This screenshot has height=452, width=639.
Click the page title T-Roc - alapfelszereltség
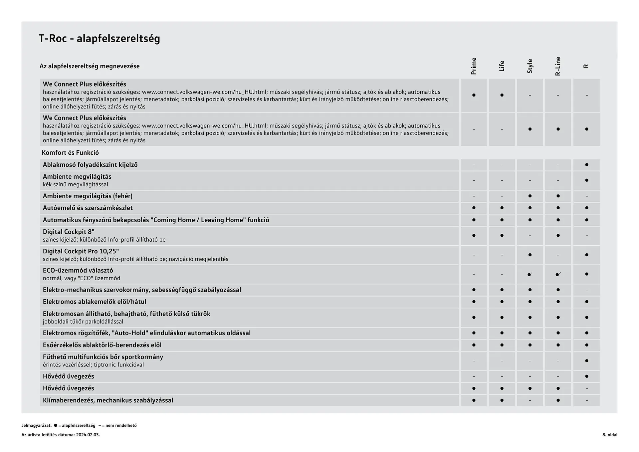(99, 39)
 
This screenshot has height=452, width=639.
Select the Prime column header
(474, 66)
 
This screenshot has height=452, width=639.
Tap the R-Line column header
(558, 66)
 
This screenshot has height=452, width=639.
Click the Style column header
(530, 66)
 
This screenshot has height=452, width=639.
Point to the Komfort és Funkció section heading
(70, 153)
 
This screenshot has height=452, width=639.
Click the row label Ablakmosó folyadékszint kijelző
(90, 165)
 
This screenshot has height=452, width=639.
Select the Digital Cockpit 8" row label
(69, 232)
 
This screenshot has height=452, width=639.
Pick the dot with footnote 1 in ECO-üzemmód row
(529, 275)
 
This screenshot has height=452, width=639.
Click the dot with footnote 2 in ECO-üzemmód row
(557, 275)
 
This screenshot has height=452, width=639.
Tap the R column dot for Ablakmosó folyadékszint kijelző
(586, 165)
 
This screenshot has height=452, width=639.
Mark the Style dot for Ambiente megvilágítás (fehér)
(530, 196)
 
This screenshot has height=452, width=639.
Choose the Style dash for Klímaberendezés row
(530, 400)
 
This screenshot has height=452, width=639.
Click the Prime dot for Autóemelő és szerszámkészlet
(474, 208)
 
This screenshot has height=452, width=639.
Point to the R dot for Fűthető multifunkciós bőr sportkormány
(586, 361)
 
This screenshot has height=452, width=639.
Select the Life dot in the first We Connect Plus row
(502, 95)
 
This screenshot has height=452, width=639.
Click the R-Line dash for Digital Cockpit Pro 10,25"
(558, 255)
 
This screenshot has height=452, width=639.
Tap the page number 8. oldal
(609, 435)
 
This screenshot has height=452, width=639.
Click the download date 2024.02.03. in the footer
(88, 435)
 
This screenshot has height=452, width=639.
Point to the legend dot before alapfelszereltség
(56, 425)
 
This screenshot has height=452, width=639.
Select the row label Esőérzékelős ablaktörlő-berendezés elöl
(102, 345)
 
